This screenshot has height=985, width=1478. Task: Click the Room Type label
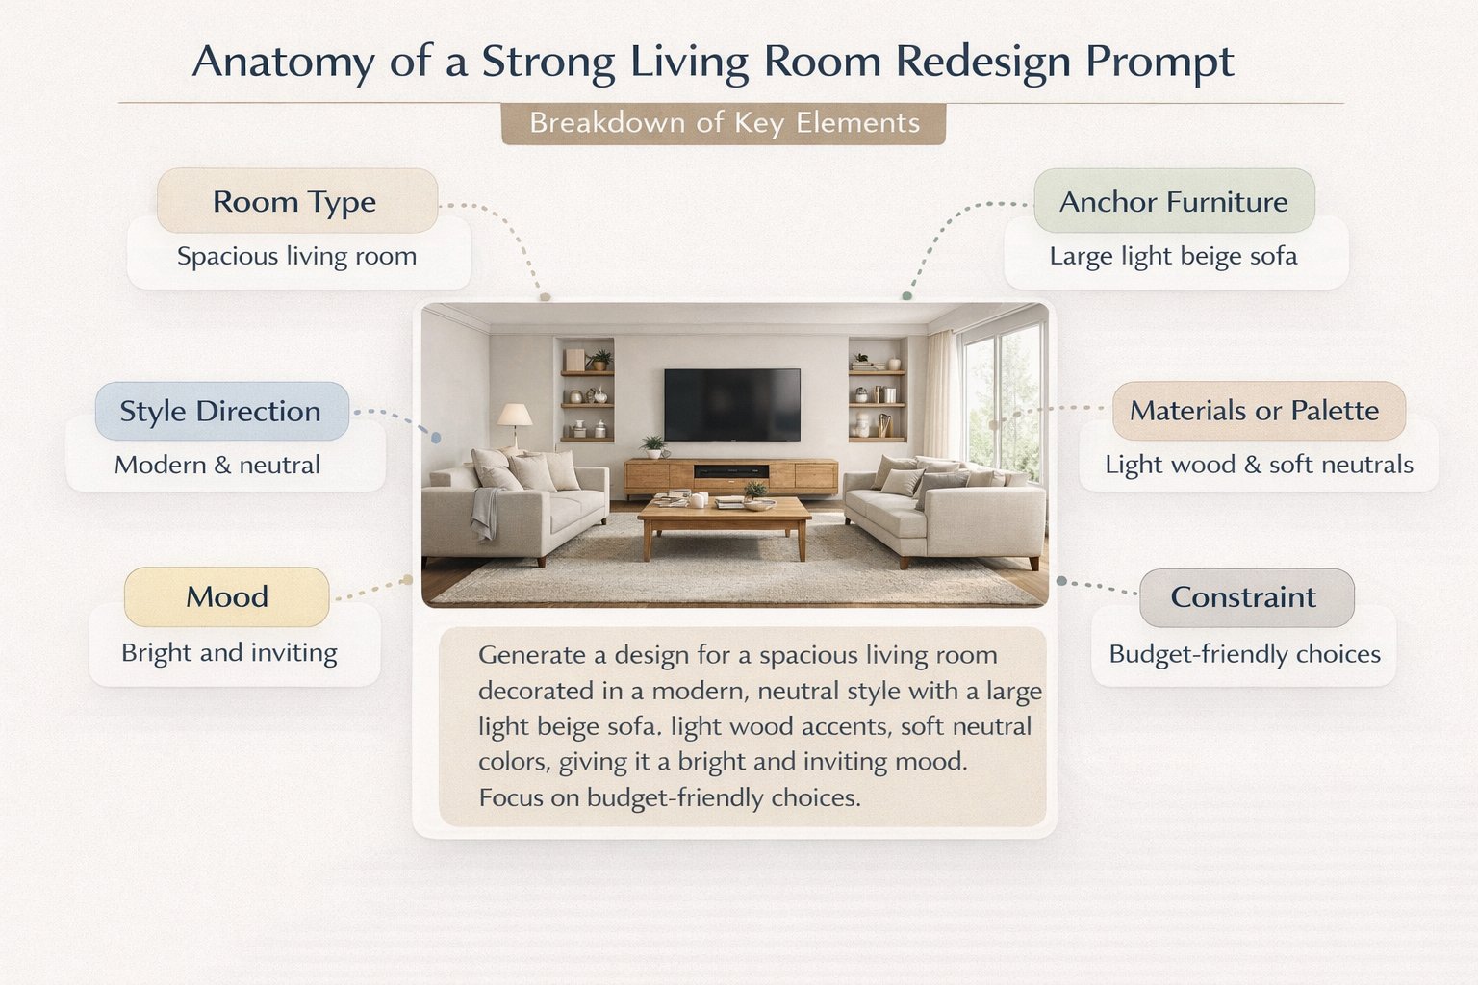pos(295,202)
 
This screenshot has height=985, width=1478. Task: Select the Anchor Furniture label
pos(1173,202)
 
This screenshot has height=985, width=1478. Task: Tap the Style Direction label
pos(220,411)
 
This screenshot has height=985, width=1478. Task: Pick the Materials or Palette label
pos(1254,411)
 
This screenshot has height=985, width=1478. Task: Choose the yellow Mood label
pos(226,596)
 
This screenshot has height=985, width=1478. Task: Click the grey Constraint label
pos(1242,596)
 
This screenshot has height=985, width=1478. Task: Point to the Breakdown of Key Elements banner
pos(724,123)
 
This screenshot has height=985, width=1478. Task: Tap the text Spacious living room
pos(296,256)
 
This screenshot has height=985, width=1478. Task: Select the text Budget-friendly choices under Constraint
pos(1244,654)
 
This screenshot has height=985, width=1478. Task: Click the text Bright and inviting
pos(229,652)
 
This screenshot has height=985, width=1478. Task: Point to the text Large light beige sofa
pos(1173,256)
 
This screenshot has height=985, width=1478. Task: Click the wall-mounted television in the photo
pos(732,404)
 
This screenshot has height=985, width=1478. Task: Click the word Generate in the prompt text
pos(531,655)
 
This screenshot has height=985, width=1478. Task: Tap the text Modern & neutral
pos(217,465)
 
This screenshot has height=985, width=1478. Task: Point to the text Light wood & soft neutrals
pos(1259,465)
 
